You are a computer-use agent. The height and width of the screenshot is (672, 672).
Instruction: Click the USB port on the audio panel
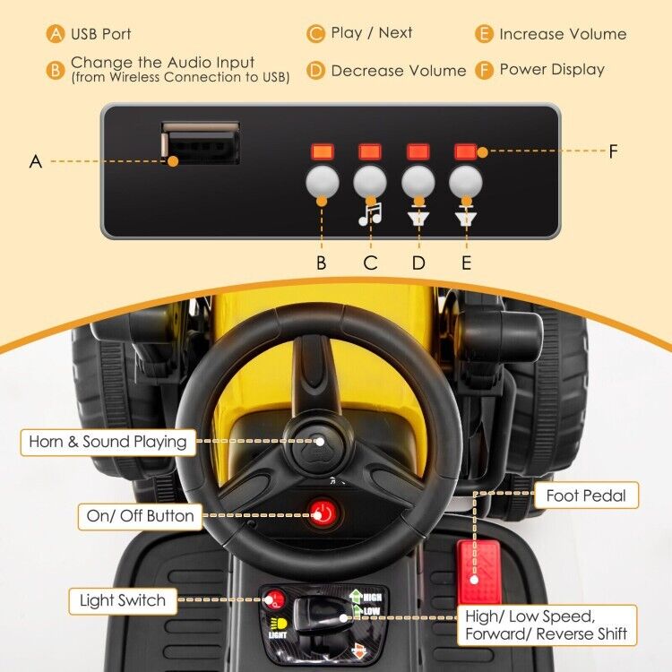tap(200, 143)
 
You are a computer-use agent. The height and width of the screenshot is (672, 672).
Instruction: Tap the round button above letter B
tap(322, 183)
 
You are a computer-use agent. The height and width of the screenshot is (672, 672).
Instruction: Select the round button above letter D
tap(418, 183)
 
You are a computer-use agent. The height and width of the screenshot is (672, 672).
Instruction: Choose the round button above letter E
tap(466, 183)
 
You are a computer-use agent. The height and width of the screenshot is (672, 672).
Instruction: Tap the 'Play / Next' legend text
tap(371, 33)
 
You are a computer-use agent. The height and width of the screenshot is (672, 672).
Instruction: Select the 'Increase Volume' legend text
tap(563, 34)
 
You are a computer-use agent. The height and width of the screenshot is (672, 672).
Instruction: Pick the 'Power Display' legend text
tap(552, 70)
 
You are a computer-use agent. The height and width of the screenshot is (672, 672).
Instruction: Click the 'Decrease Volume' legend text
tap(398, 71)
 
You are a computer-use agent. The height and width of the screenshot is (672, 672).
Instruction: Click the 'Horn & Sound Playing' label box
tap(108, 442)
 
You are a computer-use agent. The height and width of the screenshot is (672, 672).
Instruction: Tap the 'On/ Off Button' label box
tap(140, 515)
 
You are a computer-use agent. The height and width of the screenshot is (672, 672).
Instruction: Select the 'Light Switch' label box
tap(122, 600)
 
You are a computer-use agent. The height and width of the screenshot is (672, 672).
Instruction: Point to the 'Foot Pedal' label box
tap(586, 495)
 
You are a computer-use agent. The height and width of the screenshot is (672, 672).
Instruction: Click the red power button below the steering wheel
tap(321, 513)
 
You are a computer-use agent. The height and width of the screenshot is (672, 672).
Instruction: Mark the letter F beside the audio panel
tap(614, 151)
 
